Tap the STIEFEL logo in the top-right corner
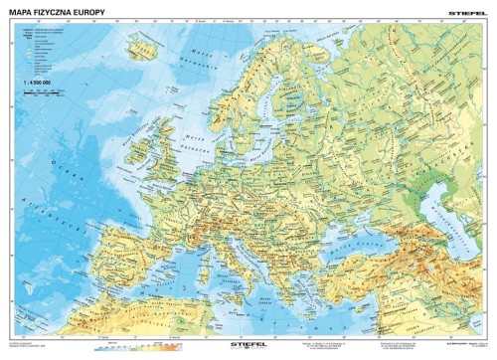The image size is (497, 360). tap(467, 9)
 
